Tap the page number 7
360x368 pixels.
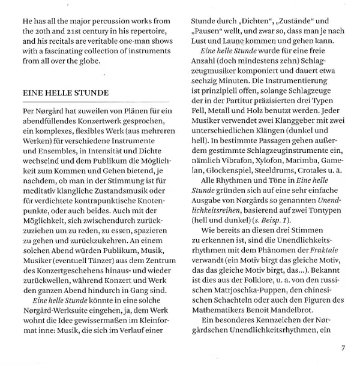point(343,348)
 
